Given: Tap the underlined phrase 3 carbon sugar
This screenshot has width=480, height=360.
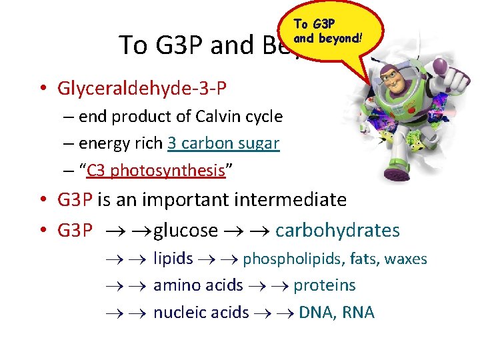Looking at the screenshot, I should point(223,143).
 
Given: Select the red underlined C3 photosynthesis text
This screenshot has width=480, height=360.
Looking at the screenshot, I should point(156,171).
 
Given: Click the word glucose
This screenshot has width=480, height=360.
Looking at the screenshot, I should point(185,231).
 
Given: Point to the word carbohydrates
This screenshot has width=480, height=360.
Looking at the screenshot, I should point(337,231).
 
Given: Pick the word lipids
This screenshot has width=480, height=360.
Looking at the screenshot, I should point(173,259).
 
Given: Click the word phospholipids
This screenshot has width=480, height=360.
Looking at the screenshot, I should point(284,259).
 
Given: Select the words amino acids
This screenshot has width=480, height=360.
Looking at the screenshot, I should point(198,285).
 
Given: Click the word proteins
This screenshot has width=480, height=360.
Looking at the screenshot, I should point(325,285).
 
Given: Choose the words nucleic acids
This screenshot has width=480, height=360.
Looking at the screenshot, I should point(201,313).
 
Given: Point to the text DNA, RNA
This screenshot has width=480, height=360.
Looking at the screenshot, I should point(337,313).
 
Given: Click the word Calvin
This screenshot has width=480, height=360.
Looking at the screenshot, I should point(218,117).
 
